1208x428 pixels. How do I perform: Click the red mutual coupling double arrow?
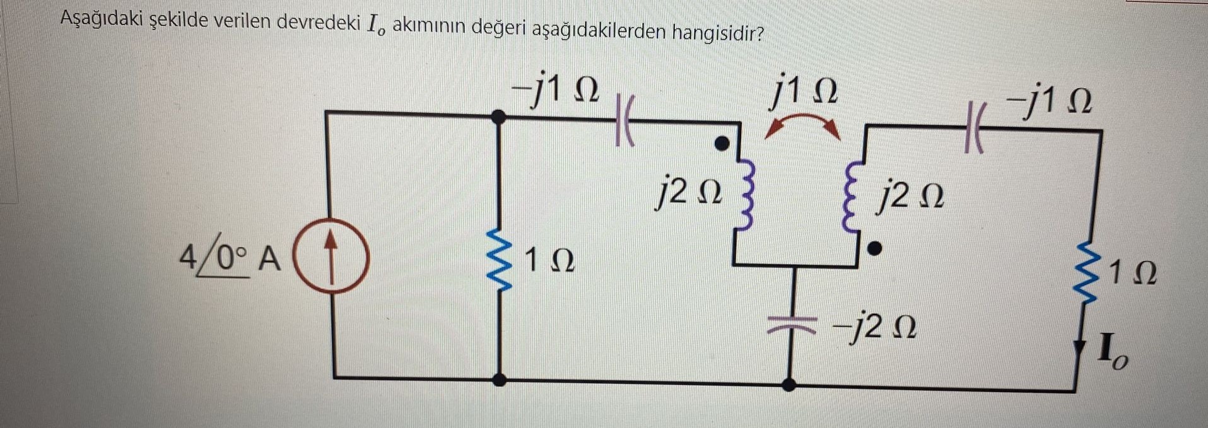tap(802, 125)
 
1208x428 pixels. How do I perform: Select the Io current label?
tap(1111, 355)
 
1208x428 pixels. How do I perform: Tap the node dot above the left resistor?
tap(499, 115)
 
